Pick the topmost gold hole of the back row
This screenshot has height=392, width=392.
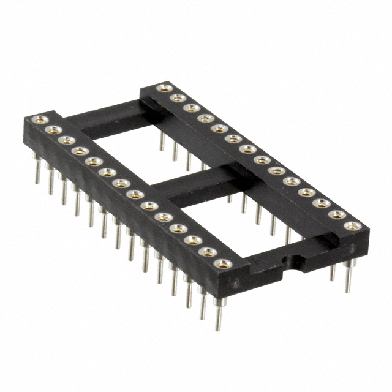164,89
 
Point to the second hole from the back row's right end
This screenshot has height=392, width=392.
337,214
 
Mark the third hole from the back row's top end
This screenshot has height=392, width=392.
191,108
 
